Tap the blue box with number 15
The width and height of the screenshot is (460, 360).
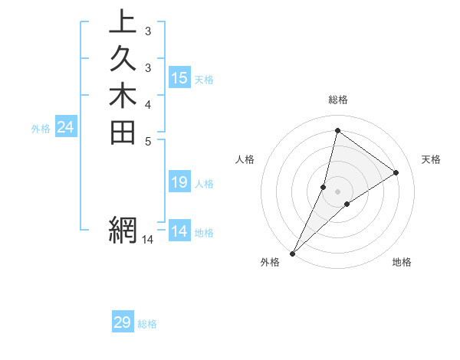coord(179,77)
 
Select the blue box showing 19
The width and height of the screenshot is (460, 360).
coord(179,182)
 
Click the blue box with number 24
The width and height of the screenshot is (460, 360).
coord(66,127)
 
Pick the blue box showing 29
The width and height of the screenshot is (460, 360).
coord(123,322)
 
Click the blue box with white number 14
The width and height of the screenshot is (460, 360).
coord(179,231)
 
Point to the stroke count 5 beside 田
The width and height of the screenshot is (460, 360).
coord(147,140)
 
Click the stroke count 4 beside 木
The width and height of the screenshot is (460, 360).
coord(147,103)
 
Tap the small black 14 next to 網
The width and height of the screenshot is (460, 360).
coord(147,240)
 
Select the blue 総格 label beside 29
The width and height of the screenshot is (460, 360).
coord(147,324)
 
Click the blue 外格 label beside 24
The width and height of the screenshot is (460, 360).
coord(41,129)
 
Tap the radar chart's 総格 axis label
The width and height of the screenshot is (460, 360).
coord(338,100)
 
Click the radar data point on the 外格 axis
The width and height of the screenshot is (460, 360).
coord(293,253)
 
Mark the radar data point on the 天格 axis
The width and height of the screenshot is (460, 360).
coord(396,173)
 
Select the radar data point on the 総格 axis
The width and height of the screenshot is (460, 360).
coord(337,131)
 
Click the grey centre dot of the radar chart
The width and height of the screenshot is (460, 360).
coord(337,191)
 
